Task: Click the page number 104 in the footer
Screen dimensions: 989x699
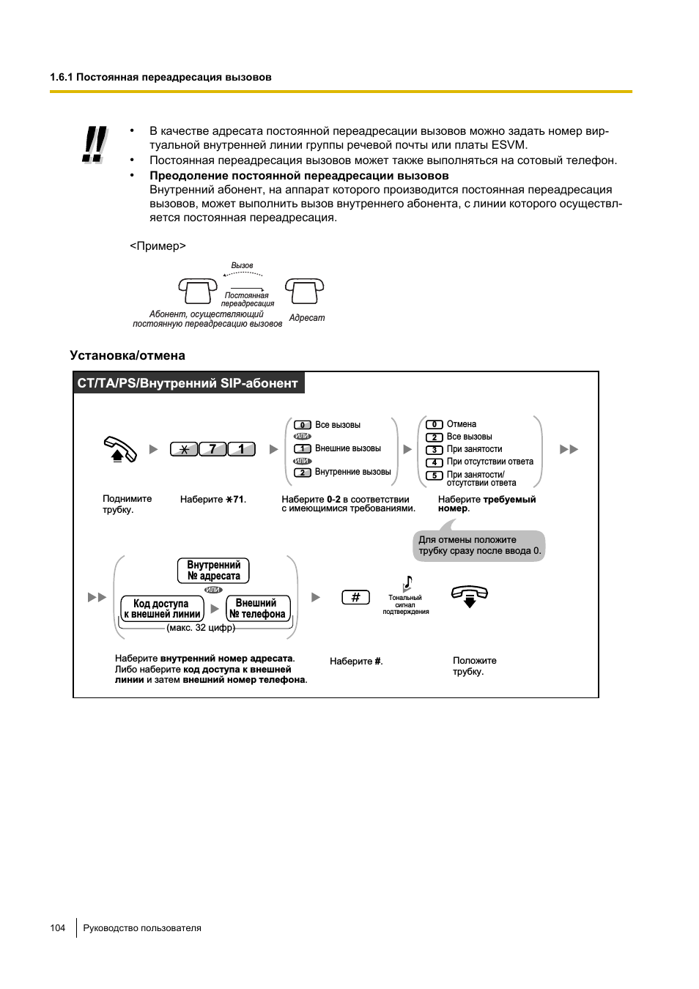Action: pyautogui.click(x=58, y=928)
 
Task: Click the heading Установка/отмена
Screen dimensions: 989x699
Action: pyautogui.click(x=127, y=355)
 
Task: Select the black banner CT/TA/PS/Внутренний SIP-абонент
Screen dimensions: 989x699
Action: pyautogui.click(x=188, y=383)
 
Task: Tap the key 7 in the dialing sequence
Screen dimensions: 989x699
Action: pyautogui.click(x=212, y=449)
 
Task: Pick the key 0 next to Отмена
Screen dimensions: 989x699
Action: pyautogui.click(x=434, y=424)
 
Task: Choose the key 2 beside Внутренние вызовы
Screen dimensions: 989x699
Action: pyautogui.click(x=303, y=473)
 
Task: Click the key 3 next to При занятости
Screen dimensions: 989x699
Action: pyautogui.click(x=434, y=450)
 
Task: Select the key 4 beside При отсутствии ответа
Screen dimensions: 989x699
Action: pyautogui.click(x=434, y=462)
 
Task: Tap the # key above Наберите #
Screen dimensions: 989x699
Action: pyautogui.click(x=355, y=597)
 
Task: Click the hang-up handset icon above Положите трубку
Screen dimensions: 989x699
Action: pyautogui.click(x=470, y=596)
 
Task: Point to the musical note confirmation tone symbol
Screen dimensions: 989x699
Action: pyautogui.click(x=407, y=583)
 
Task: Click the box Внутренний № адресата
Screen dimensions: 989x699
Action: pyautogui.click(x=213, y=571)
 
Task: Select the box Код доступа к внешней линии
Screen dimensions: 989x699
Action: pyautogui.click(x=162, y=609)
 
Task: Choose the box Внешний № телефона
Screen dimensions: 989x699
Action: pyautogui.click(x=258, y=609)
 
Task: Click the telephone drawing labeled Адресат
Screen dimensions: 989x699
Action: pyautogui.click(x=304, y=291)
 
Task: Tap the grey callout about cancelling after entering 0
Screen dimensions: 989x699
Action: pyautogui.click(x=478, y=546)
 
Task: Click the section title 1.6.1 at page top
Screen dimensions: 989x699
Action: pyautogui.click(x=160, y=77)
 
